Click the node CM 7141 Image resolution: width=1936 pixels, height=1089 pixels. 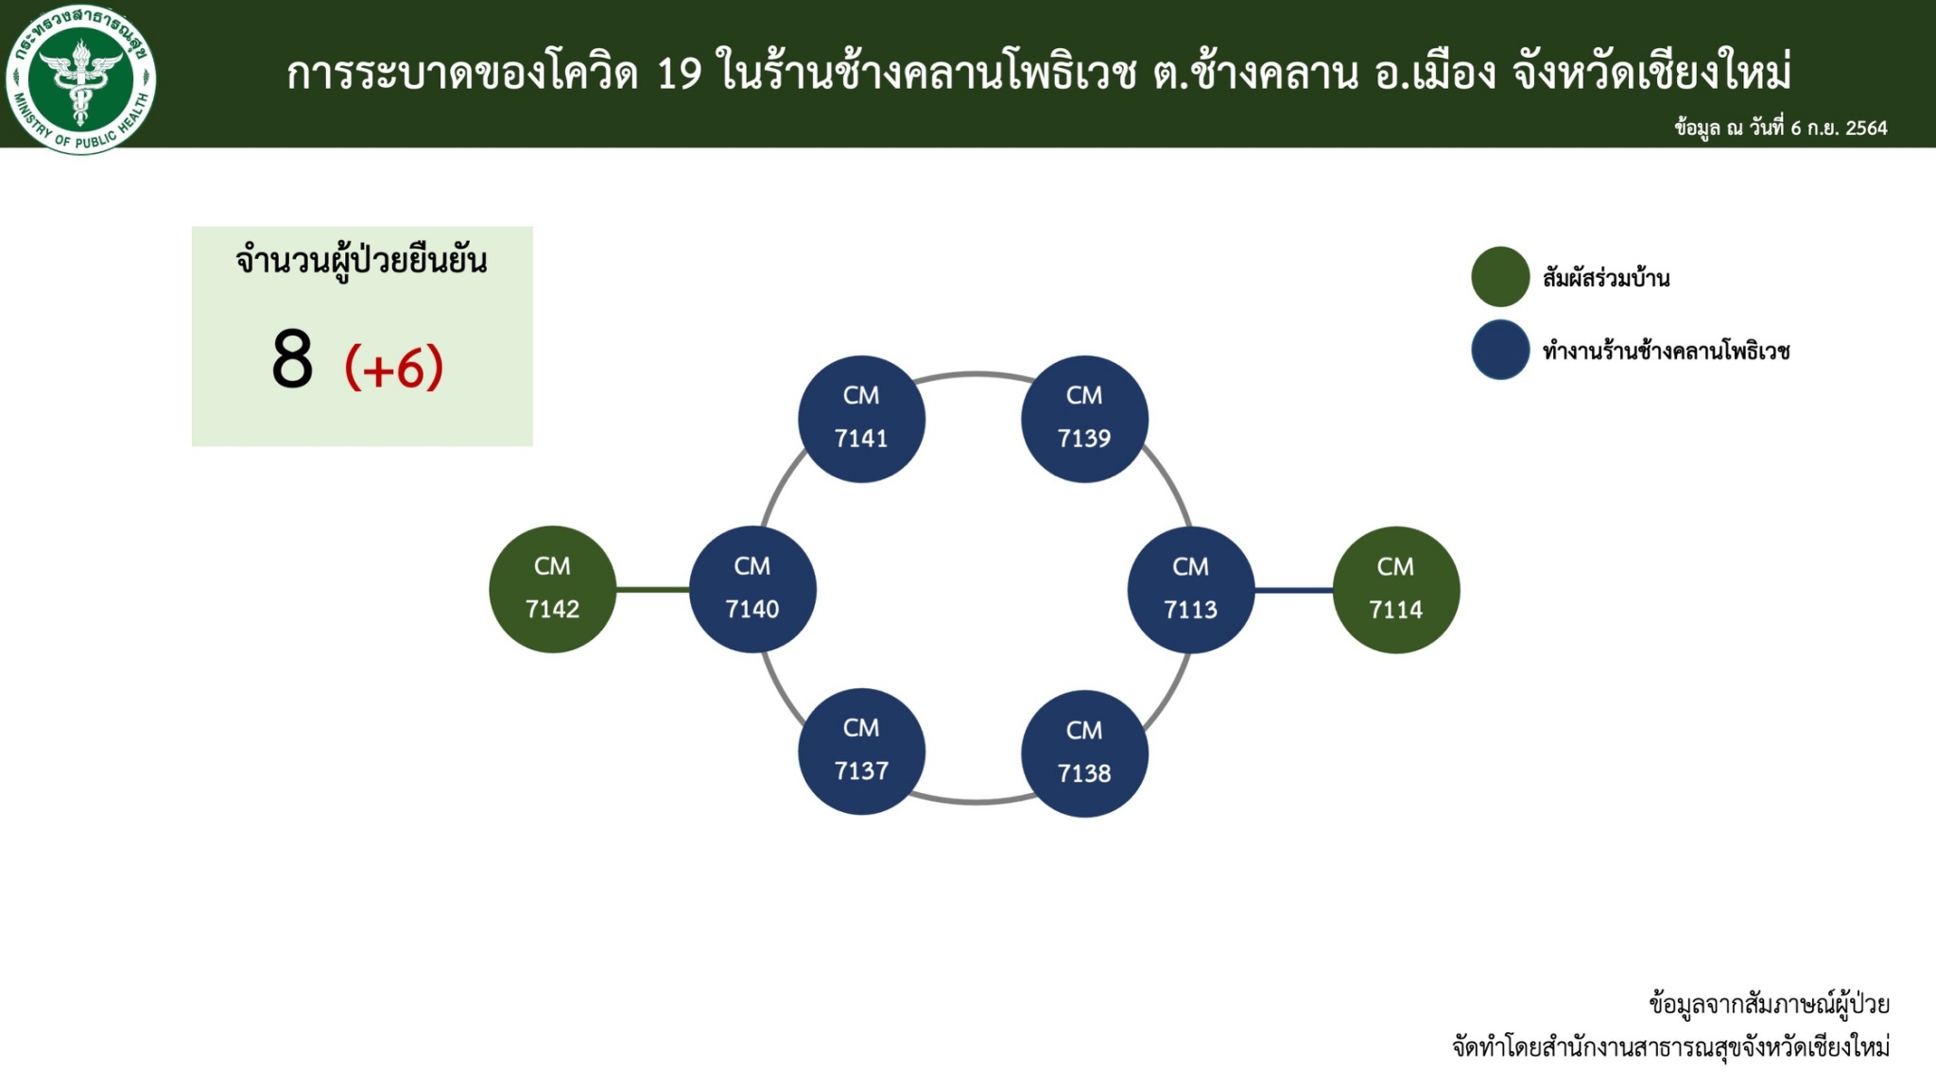(861, 419)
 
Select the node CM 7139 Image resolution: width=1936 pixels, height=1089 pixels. (1084, 419)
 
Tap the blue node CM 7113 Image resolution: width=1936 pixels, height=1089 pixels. (1191, 590)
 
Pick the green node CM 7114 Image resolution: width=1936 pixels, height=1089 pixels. (1396, 590)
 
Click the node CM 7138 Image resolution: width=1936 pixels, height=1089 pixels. (1084, 753)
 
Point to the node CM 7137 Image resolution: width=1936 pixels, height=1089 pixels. (861, 752)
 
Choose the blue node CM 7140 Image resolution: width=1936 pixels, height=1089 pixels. (752, 589)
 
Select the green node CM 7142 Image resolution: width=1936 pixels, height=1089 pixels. (552, 589)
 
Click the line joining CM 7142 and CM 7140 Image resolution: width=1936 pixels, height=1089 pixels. (652, 590)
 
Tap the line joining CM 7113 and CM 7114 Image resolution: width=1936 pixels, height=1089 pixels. (1294, 590)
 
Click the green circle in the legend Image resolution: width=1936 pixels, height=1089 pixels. (1500, 277)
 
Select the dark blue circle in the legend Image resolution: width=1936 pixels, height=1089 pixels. (1500, 350)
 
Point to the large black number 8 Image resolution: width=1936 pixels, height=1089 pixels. (292, 359)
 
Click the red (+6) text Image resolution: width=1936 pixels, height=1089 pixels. (394, 367)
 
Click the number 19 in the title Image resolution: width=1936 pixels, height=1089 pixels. (680, 74)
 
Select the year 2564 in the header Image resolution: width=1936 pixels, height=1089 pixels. (1866, 129)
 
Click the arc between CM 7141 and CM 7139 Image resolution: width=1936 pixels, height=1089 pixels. (974, 374)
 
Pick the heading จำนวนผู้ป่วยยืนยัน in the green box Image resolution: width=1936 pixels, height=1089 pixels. (362, 261)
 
